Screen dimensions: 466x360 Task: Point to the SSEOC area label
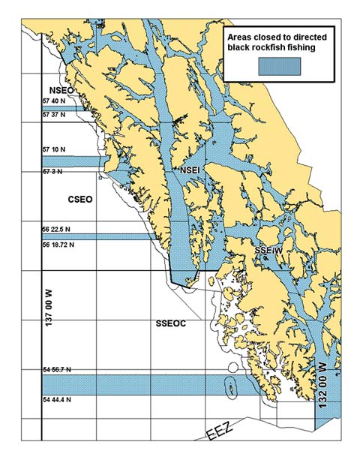pyautogui.click(x=171, y=323)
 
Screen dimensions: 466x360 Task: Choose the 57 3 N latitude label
pyautogui.click(x=53, y=172)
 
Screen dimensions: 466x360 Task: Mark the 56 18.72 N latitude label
pyautogui.click(x=58, y=244)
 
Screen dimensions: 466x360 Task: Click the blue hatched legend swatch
pyautogui.click(x=279, y=66)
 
